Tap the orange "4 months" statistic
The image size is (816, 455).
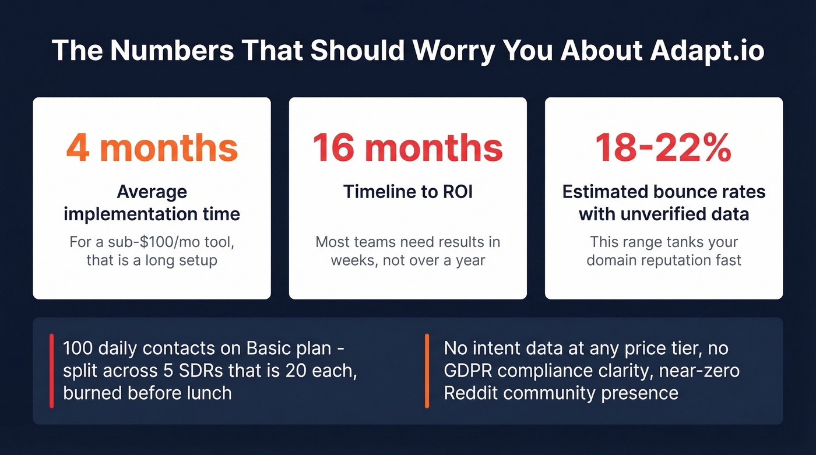pyautogui.click(x=152, y=148)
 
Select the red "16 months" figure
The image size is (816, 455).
pyautogui.click(x=407, y=148)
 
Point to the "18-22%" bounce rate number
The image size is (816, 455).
pyautogui.click(x=663, y=148)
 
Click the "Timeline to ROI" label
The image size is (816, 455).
pyautogui.click(x=407, y=191)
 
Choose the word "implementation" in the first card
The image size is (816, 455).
pyautogui.click(x=129, y=214)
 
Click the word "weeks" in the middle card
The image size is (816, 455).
pyautogui.click(x=353, y=259)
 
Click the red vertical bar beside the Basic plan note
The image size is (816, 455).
pyautogui.click(x=52, y=371)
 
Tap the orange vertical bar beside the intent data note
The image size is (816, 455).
pyautogui.click(x=427, y=371)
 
